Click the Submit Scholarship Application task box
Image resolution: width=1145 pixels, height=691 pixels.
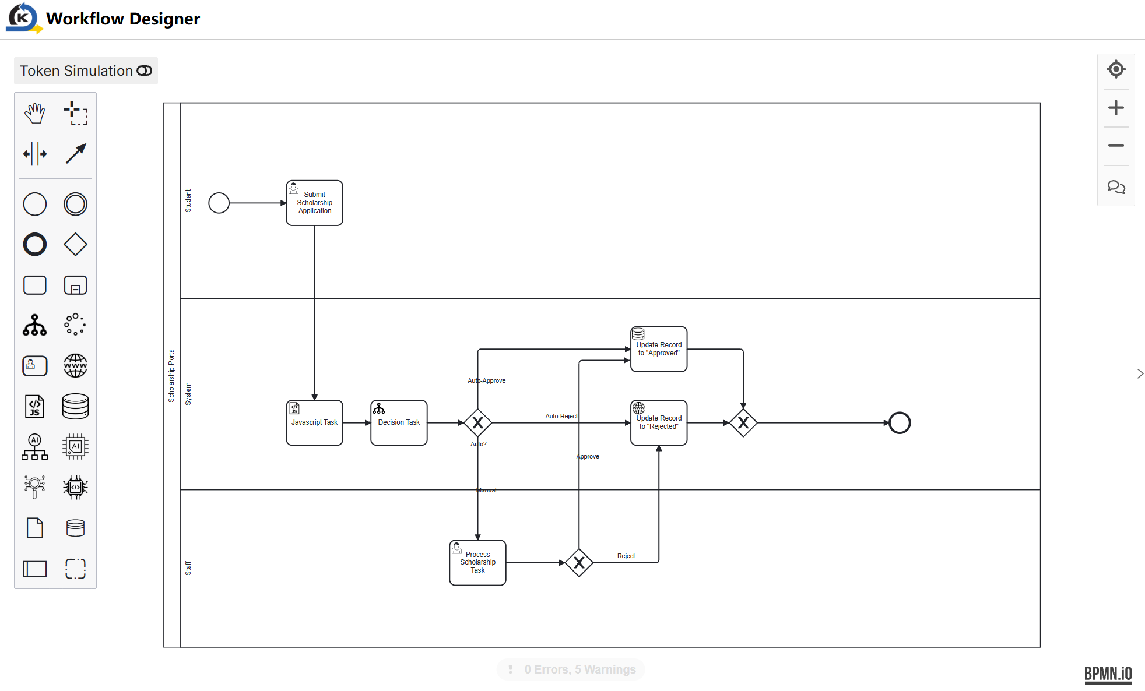[x=314, y=203]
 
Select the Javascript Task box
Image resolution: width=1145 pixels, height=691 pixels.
[x=314, y=422]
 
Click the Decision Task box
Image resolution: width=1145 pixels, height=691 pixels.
[x=399, y=422]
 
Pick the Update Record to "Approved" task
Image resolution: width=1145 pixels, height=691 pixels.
[x=659, y=349]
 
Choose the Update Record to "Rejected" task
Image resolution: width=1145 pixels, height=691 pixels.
[x=659, y=422]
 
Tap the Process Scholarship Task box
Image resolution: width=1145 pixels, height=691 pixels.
[x=477, y=563]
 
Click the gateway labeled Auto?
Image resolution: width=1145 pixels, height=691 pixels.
[x=478, y=423]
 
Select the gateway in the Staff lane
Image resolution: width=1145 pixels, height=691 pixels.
[x=579, y=563]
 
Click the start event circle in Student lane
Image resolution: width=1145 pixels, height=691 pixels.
[x=219, y=203]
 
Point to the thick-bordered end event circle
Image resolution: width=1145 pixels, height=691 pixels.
[x=900, y=423]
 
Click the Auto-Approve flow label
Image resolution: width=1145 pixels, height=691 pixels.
[x=487, y=380]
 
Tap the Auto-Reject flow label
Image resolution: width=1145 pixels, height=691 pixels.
[x=561, y=416]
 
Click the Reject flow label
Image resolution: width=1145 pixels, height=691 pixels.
[x=626, y=556]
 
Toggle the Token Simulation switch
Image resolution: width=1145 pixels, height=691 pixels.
[x=144, y=70]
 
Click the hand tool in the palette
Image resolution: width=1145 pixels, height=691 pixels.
[x=34, y=113]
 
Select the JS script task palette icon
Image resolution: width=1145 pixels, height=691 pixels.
[x=34, y=406]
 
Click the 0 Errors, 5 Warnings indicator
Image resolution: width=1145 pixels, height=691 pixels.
[x=571, y=669]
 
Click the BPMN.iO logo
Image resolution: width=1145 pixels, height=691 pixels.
[x=1108, y=675]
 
